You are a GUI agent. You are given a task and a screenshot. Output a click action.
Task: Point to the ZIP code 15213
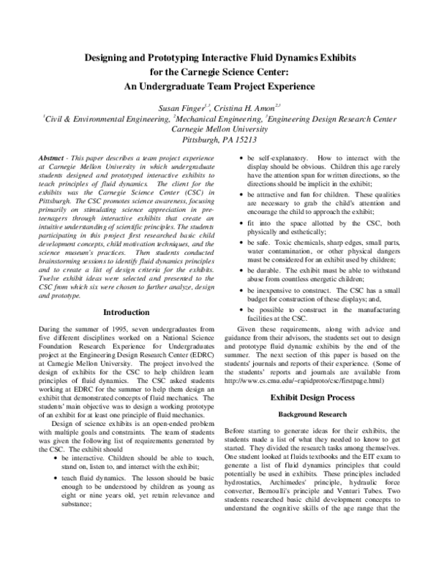(249, 137)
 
